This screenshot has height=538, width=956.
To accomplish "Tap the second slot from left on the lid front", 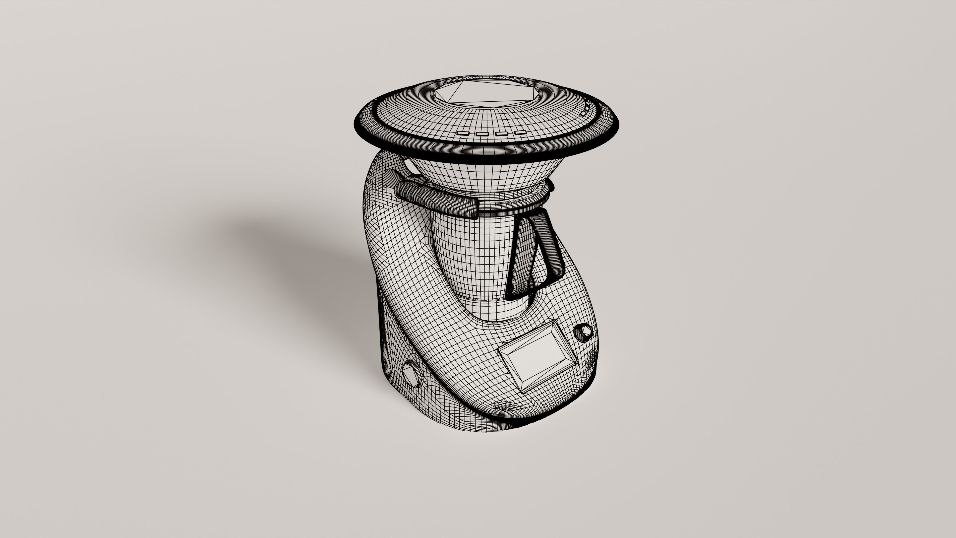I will (482, 133).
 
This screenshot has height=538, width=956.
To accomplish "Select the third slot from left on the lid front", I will (502, 133).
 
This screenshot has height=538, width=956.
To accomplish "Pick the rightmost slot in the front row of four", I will (520, 132).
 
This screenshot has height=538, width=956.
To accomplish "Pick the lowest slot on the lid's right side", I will (584, 113).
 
